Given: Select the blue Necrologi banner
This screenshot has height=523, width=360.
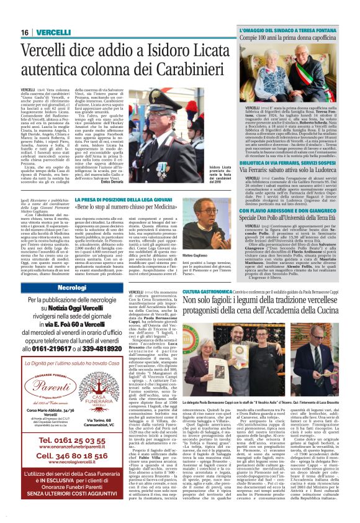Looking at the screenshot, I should click(x=72, y=289).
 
